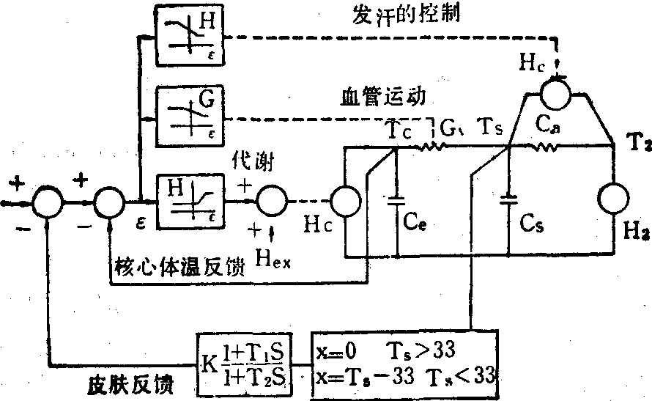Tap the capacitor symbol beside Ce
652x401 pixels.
point(396,199)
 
